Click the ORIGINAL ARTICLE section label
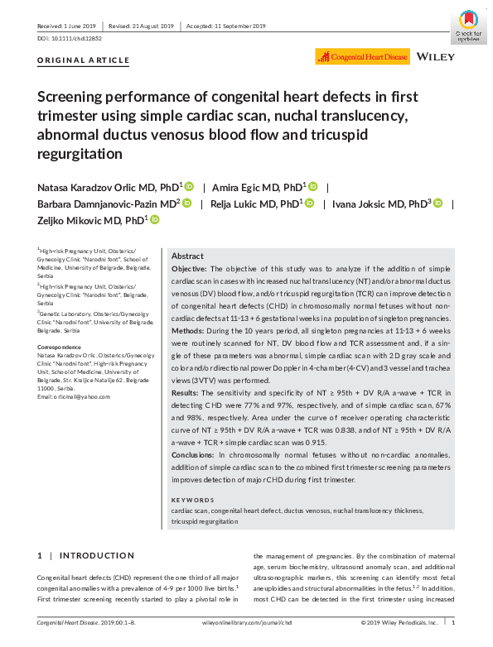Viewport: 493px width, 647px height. (x=84, y=60)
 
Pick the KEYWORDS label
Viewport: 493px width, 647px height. (x=191, y=500)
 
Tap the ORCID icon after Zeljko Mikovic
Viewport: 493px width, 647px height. (x=154, y=219)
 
